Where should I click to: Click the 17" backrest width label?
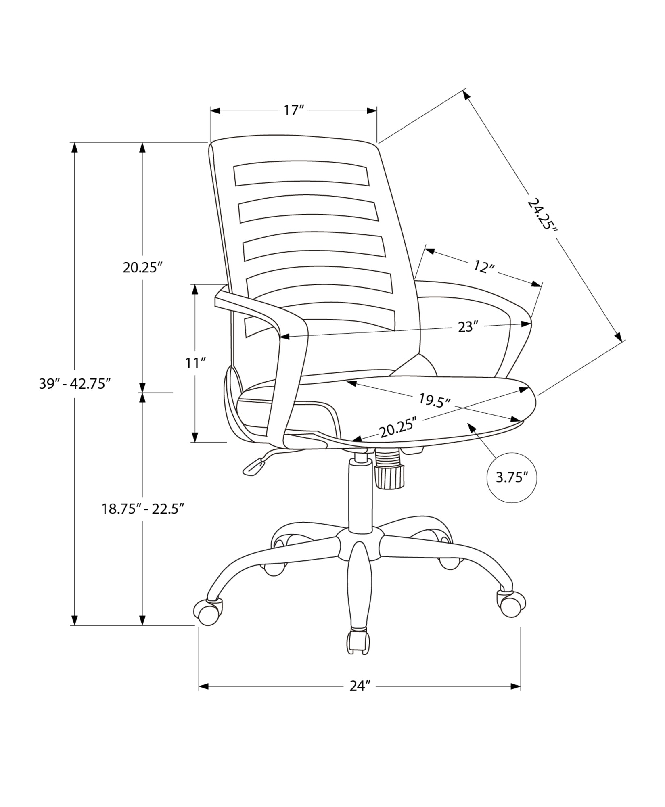(x=293, y=111)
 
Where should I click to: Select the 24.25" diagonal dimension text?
(x=543, y=213)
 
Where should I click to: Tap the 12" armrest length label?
(x=484, y=267)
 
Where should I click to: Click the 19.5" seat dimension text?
(x=434, y=401)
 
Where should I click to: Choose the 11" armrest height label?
(x=196, y=363)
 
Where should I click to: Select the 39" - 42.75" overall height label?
(x=75, y=384)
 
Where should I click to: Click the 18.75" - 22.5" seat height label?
(x=143, y=509)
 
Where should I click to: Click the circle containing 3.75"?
(x=512, y=478)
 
